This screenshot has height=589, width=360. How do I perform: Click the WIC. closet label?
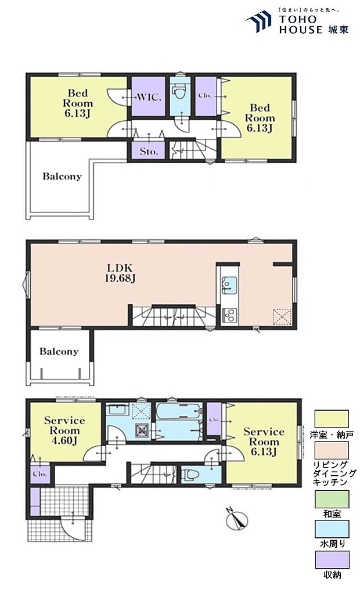pos(149,97)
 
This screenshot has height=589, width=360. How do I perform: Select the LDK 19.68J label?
pos(120,273)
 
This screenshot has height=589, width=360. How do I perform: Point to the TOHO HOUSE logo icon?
pos(258,22)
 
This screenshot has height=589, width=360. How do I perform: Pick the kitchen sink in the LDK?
pos(229,285)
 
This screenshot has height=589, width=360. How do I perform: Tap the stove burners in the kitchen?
pos(229,315)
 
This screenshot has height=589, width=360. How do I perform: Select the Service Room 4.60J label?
pos(64,430)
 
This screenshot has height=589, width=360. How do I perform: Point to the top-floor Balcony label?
pos(62,176)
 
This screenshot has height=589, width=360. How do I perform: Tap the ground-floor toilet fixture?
pos(192,476)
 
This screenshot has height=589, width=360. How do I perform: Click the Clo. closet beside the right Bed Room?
pos(206,96)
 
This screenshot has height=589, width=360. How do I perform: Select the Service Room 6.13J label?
pos(264,441)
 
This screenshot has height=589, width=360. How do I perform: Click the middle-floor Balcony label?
pos(59,351)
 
